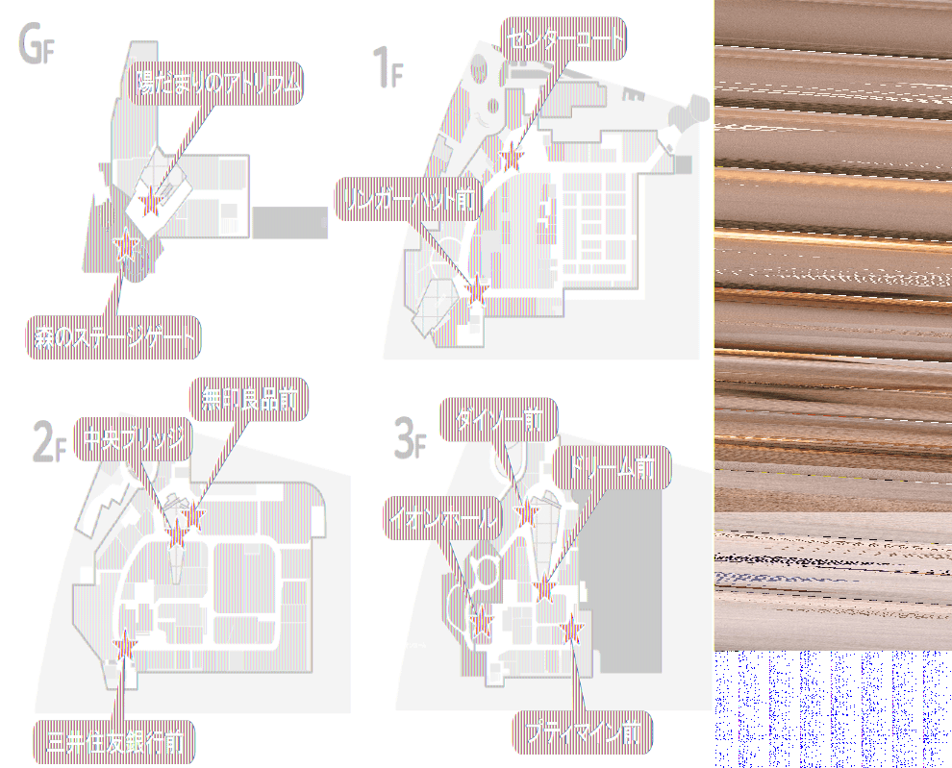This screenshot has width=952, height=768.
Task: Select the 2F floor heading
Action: pos(50,443)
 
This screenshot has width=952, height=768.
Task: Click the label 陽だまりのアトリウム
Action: pos(217,85)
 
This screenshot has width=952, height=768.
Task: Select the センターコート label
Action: pos(564,39)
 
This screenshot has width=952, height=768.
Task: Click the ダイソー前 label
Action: pos(498,420)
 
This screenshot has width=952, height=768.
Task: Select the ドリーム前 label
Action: pos(611,468)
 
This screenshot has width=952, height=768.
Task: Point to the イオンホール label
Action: pos(442,518)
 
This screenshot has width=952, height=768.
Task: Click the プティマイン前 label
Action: pos(583,733)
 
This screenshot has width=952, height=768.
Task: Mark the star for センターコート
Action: pos(512,158)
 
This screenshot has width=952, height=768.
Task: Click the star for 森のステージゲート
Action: pos(125,247)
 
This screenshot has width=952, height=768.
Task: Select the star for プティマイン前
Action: pos(573,631)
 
